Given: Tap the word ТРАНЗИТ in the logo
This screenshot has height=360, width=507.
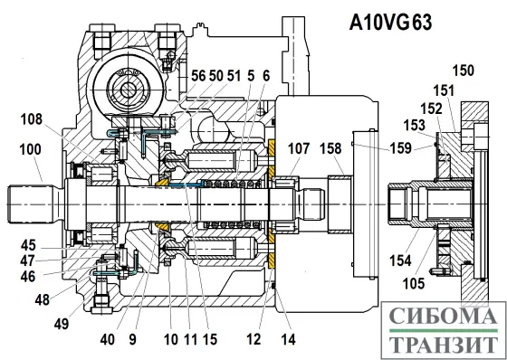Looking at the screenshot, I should coord(443,345).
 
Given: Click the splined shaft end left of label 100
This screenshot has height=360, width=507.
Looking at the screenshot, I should coord(33,196).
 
